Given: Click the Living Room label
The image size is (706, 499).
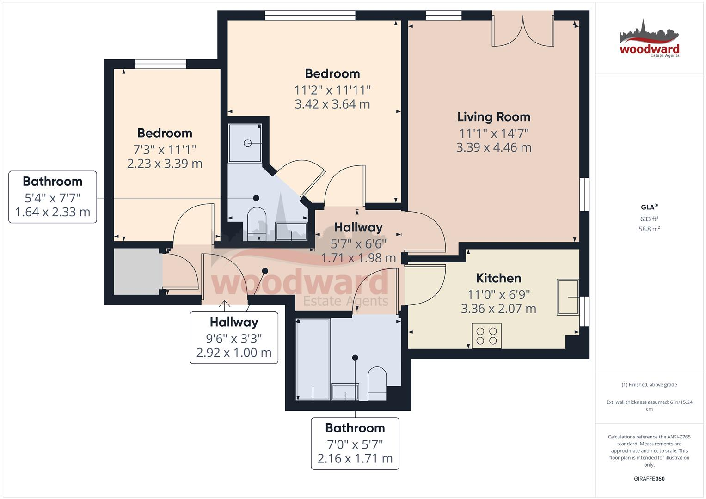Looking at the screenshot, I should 493,117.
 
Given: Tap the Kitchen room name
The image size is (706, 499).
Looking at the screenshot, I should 498,278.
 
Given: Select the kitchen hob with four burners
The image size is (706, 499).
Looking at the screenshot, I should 486,336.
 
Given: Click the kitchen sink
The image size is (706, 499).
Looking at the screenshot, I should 567,297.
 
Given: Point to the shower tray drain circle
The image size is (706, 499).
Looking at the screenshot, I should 248,143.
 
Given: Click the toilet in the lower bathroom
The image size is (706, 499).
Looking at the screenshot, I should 377,383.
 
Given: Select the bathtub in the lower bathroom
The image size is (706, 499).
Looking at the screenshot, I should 313,359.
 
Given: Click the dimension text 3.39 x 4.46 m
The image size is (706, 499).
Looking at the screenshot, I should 493,148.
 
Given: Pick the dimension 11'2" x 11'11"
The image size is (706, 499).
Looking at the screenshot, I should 332,90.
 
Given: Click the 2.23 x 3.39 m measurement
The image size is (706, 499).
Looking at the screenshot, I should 165,164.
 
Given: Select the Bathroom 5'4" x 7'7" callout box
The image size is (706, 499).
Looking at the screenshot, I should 53,197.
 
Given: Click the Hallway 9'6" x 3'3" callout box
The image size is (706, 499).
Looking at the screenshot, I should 234,337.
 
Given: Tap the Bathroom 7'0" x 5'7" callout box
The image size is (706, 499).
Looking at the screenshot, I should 355,444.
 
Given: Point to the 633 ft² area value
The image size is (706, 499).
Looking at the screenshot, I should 649,219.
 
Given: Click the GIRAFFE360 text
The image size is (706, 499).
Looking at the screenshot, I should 649,479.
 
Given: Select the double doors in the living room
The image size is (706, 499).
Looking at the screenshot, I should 523,31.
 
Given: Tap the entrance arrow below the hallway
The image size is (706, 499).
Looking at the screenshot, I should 225,305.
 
